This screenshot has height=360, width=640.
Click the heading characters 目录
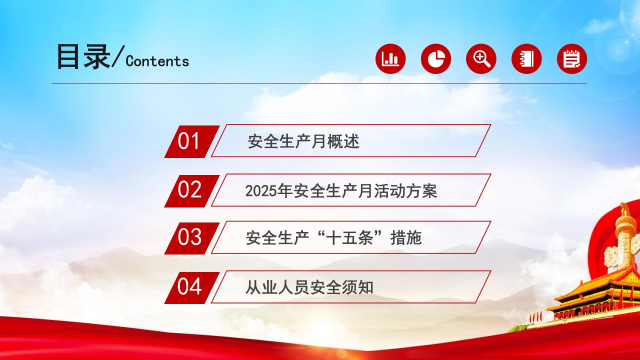[83, 56]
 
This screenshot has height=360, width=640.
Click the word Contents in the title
[157, 61]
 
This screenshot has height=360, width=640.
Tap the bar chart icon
[390, 59]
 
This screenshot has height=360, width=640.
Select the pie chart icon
[436, 59]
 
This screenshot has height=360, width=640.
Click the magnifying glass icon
[481, 59]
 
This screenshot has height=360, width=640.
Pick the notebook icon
[526, 59]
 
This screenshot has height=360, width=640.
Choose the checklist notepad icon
[572, 59]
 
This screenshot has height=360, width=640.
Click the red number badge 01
[192, 141]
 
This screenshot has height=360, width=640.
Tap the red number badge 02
[192, 191]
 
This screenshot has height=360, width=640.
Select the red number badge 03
[192, 238]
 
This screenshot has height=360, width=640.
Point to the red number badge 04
[192, 287]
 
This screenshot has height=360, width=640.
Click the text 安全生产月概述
[303, 141]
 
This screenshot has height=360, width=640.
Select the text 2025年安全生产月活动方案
[341, 191]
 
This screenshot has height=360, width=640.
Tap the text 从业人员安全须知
[309, 287]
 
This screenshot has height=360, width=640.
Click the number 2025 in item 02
[261, 191]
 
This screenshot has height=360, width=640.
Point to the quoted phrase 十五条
[349, 238]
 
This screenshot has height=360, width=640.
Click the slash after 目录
[118, 56]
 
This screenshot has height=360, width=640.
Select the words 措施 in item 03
[406, 238]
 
